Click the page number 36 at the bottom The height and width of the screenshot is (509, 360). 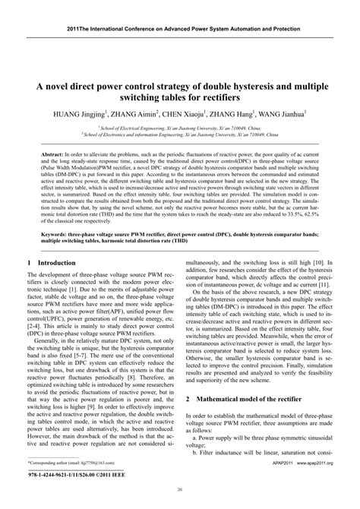click(179, 490)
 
